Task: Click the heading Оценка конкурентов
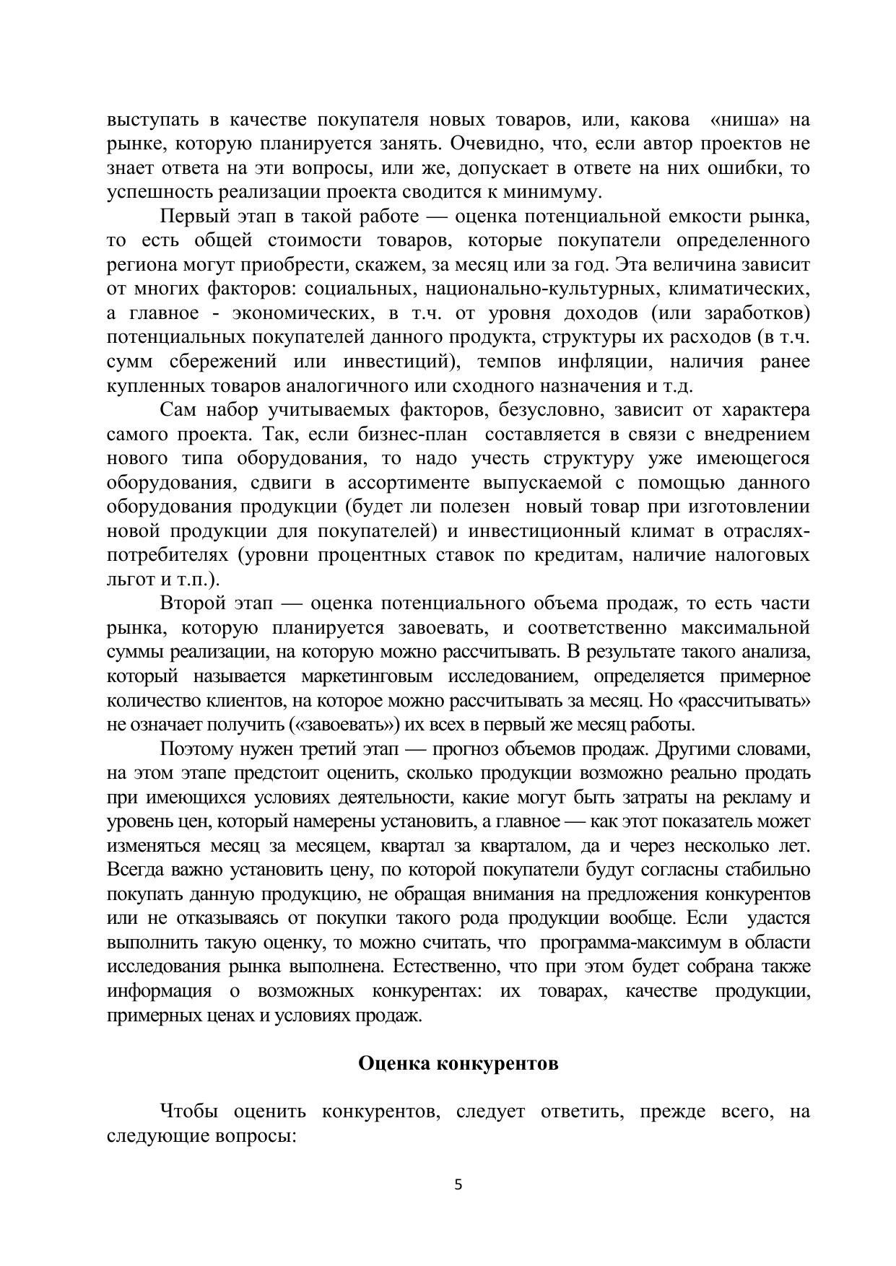[458, 1064]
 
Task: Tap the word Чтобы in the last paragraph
[187, 1112]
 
